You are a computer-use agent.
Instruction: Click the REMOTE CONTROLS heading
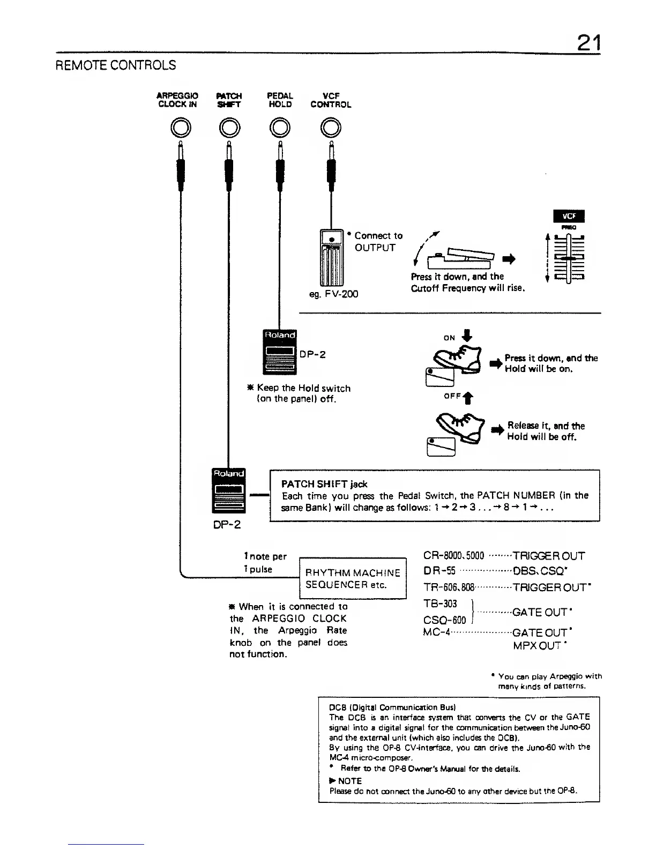click(116, 65)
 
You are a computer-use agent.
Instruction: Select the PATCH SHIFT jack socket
click(229, 128)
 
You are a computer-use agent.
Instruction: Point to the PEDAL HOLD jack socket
click(279, 128)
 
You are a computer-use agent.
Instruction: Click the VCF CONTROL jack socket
click(331, 128)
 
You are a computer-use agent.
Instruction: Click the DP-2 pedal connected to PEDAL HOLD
click(279, 351)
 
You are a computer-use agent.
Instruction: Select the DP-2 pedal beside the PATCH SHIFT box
click(229, 490)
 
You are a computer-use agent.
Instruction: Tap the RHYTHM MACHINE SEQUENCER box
click(352, 578)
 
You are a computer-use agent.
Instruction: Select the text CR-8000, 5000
click(453, 556)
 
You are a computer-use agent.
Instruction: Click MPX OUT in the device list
click(537, 645)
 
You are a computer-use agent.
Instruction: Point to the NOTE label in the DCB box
click(349, 781)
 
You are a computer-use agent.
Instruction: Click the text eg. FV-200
click(333, 294)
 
